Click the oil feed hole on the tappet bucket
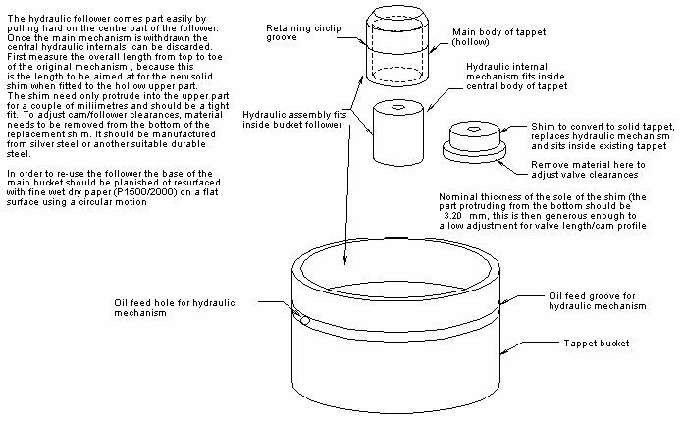click(x=305, y=321)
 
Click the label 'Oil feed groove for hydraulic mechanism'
click(x=598, y=300)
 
